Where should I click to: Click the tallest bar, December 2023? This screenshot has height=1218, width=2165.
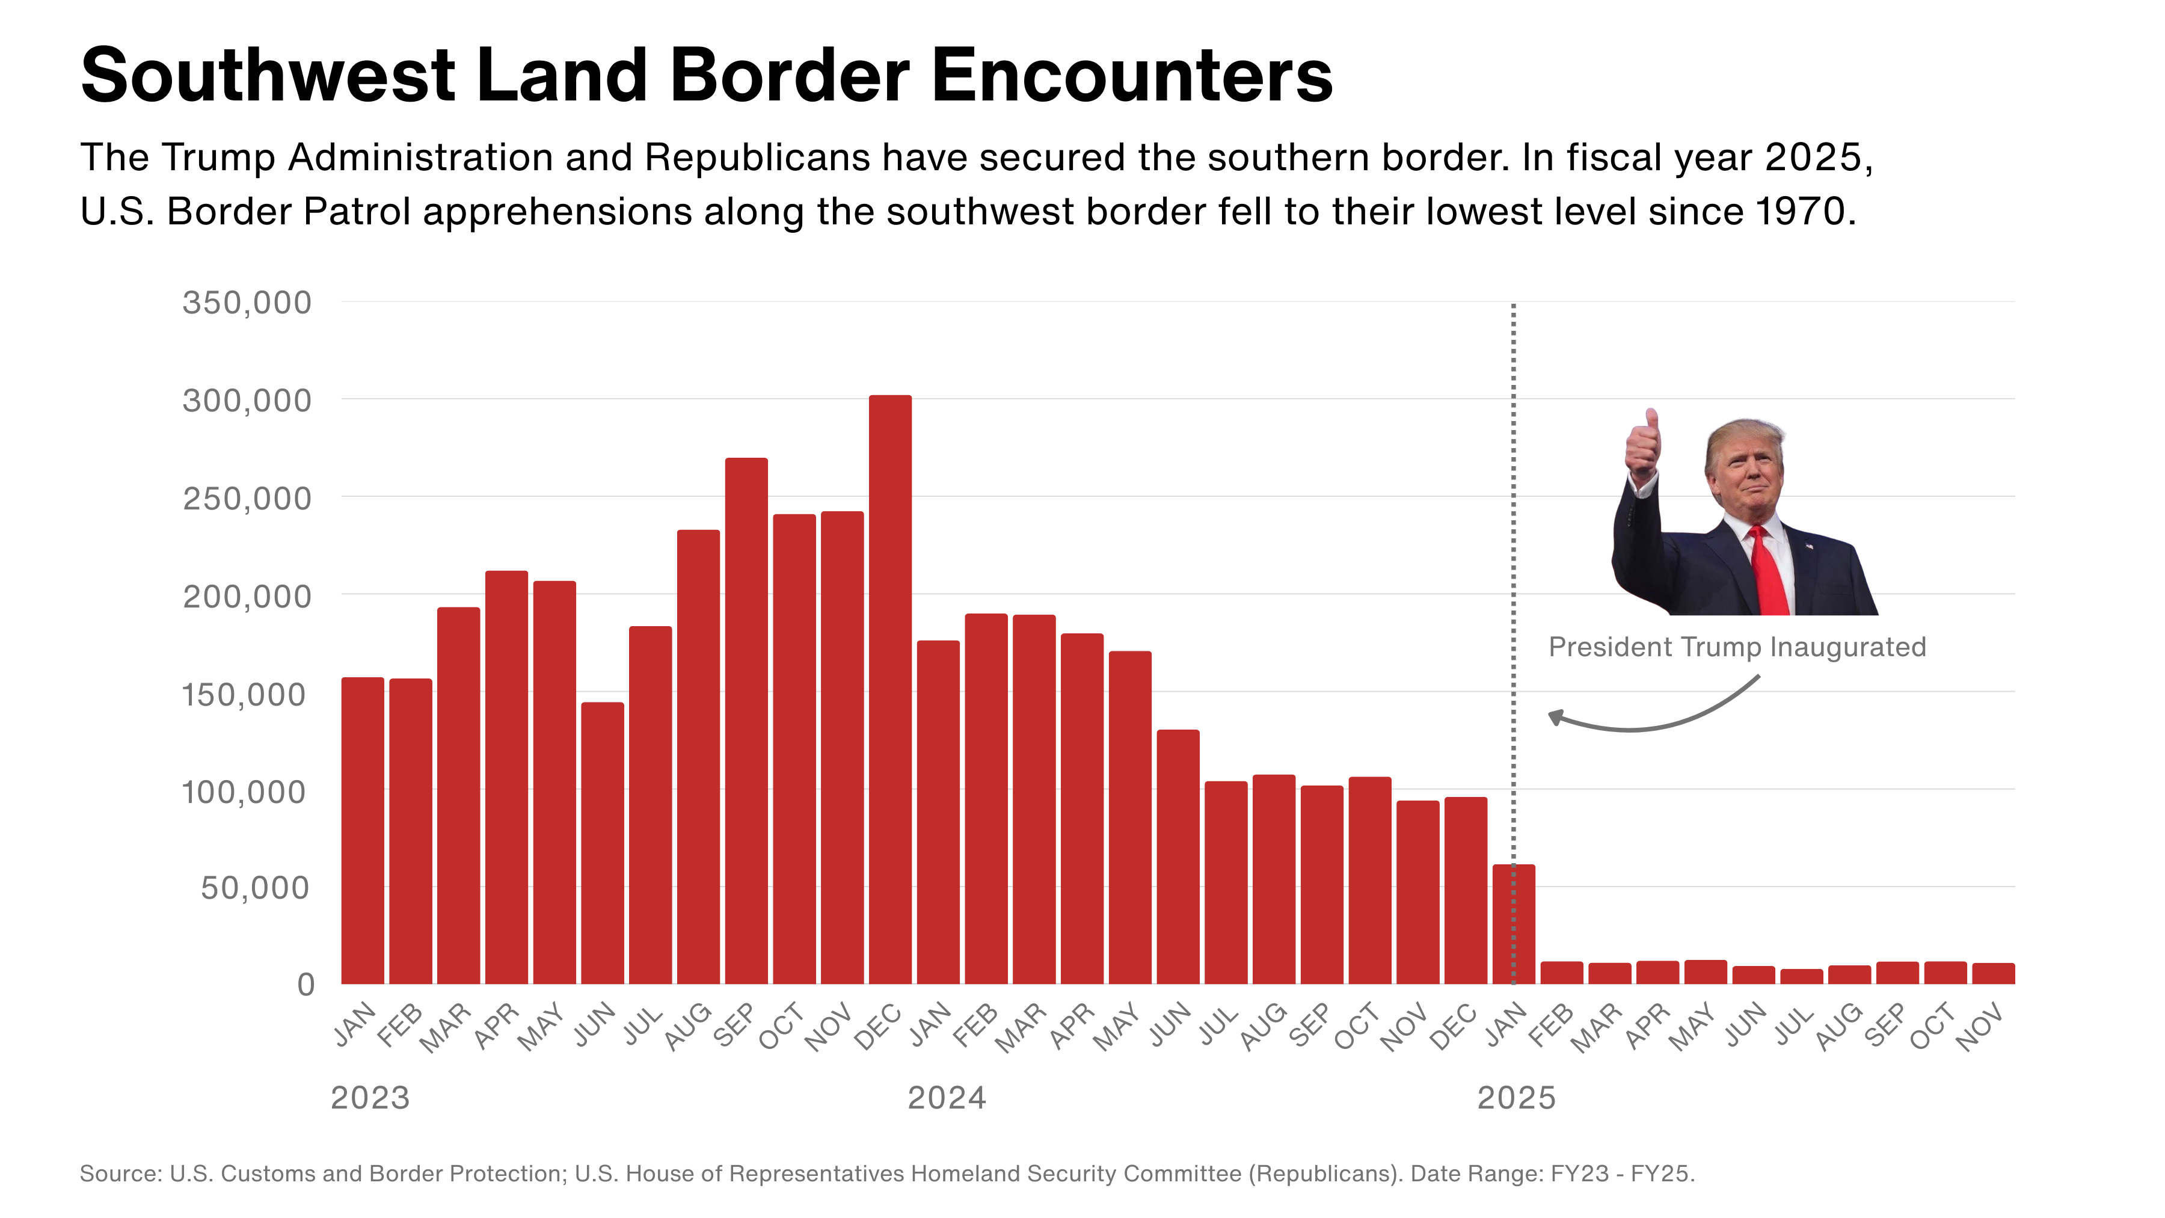coord(890,689)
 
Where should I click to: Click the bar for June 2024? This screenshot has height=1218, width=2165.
coord(1178,857)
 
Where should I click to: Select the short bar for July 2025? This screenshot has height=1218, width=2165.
coord(1801,977)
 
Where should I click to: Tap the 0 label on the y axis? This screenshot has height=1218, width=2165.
coord(306,984)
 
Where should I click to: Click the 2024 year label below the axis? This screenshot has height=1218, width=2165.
coord(947,1098)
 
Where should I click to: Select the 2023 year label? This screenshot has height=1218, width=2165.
coord(370,1098)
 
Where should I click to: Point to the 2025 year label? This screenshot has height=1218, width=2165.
coord(1516,1098)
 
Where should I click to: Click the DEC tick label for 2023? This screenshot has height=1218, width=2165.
coord(877,1027)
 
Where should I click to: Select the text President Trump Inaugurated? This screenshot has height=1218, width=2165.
coord(1736,647)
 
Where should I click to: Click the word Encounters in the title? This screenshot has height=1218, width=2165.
coord(1131,76)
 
